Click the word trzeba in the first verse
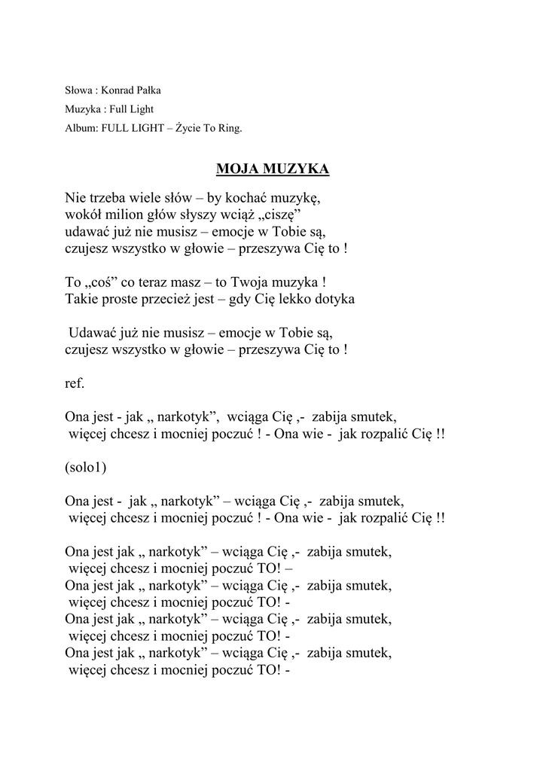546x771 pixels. coord(107,199)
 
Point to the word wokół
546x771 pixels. coord(83,215)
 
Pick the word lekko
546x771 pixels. coord(294,299)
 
